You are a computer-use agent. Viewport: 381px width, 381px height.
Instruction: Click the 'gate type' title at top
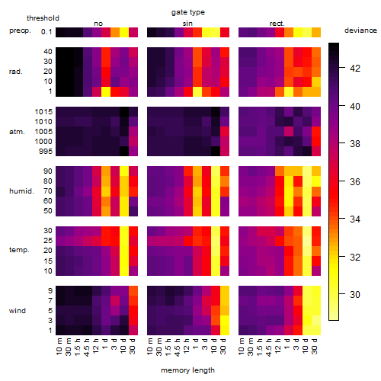188,12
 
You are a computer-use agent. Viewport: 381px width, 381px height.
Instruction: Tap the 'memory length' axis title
187,370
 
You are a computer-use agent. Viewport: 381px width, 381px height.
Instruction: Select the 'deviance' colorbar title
360,30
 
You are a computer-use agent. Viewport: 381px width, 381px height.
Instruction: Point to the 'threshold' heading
43,18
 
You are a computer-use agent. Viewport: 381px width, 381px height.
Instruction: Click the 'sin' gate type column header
187,24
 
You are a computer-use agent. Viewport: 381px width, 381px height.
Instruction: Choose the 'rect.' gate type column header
277,24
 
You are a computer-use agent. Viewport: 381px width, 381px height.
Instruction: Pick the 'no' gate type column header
98,24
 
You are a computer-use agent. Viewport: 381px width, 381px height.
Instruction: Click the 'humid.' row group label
21,191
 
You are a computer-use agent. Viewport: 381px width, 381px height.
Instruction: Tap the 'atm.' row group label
17,132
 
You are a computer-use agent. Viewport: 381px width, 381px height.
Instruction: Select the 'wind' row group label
18,311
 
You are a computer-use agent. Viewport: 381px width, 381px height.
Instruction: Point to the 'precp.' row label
20,30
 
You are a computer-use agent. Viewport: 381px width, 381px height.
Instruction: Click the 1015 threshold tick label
43,112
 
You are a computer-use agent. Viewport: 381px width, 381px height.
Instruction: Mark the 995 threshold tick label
46,152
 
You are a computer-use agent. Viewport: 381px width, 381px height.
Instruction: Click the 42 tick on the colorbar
355,69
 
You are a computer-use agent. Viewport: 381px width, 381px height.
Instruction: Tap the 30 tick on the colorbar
355,295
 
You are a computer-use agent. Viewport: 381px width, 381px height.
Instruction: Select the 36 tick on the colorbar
355,181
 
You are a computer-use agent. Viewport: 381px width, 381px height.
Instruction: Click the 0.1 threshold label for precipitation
46,32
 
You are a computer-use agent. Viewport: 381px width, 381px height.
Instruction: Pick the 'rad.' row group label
16,72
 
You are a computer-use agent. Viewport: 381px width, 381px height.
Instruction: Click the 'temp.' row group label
19,250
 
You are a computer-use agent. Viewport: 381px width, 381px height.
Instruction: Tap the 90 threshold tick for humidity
48,171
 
